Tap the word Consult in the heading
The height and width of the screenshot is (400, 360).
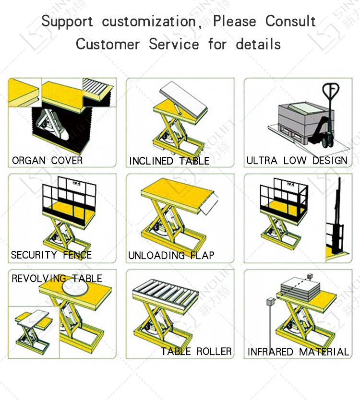(x=290, y=21)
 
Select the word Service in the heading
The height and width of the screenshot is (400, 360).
(x=174, y=44)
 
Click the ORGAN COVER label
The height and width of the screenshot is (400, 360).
(x=47, y=161)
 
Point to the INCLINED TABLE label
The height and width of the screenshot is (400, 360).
(x=169, y=161)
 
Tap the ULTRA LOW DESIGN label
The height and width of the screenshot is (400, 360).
(x=297, y=161)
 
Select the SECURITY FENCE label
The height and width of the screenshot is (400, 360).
(x=51, y=255)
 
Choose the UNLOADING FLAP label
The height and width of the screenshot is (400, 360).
(x=171, y=255)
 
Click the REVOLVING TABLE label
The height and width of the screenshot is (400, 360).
(x=57, y=278)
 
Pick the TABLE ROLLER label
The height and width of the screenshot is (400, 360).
(x=196, y=351)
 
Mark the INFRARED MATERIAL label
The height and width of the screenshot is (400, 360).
(x=298, y=352)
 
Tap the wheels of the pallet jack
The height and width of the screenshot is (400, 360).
(x=327, y=142)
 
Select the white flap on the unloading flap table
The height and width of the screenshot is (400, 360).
(x=210, y=204)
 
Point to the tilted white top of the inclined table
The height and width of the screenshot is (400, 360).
(x=183, y=99)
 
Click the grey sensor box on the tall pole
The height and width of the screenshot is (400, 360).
(x=270, y=302)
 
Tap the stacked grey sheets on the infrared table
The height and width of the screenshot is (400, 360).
(x=300, y=291)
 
